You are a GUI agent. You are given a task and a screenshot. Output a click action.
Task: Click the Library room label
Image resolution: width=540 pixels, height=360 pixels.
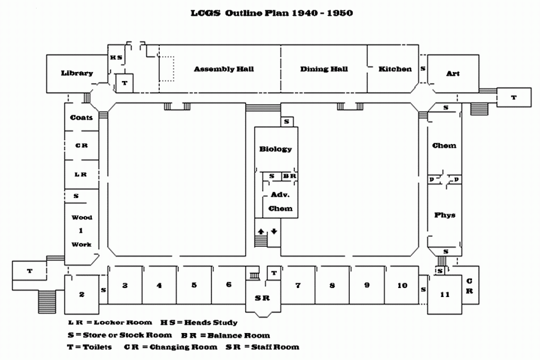(x=77, y=73)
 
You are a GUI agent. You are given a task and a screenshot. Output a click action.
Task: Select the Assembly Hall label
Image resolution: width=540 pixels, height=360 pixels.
(x=224, y=69)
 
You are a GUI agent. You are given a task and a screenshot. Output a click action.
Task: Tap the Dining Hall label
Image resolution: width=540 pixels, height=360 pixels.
(x=324, y=69)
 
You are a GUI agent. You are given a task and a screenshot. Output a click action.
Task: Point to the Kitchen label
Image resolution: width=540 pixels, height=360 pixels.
(x=395, y=69)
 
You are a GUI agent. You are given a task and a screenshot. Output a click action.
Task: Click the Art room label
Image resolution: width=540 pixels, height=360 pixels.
(x=453, y=74)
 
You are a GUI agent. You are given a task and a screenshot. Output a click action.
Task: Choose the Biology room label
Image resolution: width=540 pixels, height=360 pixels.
(x=276, y=149)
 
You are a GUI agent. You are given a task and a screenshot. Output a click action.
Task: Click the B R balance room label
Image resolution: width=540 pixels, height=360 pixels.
(x=289, y=176)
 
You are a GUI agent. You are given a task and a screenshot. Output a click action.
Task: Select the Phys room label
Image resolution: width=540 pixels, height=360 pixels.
(x=444, y=215)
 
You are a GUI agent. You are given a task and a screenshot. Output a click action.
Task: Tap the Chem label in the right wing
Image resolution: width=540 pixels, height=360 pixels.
(x=444, y=146)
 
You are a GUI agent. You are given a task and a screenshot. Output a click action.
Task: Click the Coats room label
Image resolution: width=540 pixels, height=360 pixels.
(x=82, y=118)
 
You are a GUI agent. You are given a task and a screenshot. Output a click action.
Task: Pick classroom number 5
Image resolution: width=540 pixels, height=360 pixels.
(x=194, y=285)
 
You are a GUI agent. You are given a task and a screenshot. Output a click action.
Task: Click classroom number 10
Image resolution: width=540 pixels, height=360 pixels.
(x=402, y=286)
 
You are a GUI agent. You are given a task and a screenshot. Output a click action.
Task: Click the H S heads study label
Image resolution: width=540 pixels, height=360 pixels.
(x=116, y=57)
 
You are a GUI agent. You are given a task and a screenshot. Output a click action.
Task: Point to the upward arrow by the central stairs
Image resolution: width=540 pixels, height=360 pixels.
(x=261, y=231)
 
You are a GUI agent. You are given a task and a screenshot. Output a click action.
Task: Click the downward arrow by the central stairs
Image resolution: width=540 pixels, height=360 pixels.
(x=274, y=231)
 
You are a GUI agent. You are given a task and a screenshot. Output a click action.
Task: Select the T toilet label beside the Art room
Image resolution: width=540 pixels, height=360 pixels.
(x=514, y=97)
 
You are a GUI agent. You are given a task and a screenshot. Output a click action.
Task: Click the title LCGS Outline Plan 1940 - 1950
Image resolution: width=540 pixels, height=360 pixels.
(x=272, y=12)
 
